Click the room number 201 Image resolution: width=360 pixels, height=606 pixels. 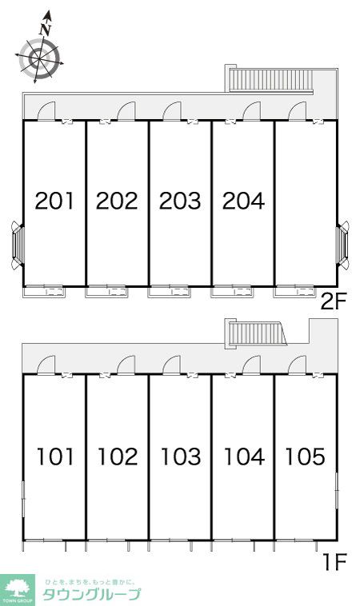[x=54, y=201]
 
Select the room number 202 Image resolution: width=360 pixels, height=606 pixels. [x=117, y=201]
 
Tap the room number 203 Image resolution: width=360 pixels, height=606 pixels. [x=180, y=201]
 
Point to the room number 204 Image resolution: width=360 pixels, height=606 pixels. [x=244, y=201]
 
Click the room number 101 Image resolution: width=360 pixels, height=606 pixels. [x=55, y=456]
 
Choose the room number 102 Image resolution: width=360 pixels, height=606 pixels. [x=118, y=456]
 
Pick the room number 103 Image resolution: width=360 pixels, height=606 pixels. [x=181, y=456]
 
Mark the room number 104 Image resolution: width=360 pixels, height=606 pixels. [x=244, y=456]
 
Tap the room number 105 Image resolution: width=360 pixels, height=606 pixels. [x=305, y=456]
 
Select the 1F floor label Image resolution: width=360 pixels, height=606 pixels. [x=335, y=562]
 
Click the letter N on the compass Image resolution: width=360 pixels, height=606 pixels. [x=46, y=30]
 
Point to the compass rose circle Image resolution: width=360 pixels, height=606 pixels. [x=39, y=58]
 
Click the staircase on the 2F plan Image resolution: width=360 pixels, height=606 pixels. [x=270, y=81]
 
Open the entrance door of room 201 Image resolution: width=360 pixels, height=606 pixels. [x=46, y=110]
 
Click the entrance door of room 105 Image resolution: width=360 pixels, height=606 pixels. [x=298, y=365]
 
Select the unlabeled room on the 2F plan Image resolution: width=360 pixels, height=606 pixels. [x=306, y=203]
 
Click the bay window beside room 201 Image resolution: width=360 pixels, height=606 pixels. [x=18, y=245]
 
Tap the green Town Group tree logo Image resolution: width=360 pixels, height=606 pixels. [x=17, y=590]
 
